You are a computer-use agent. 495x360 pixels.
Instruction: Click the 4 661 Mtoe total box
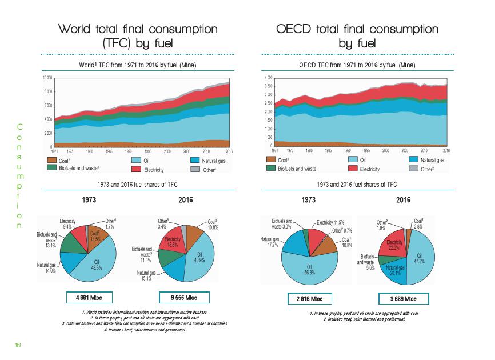(88, 297)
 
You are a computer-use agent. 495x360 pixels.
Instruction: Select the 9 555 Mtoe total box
(185, 297)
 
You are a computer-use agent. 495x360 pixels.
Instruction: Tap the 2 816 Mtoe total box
(309, 298)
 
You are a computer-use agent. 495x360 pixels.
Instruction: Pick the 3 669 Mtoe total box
(404, 298)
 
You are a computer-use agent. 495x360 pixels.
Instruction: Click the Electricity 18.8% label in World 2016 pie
(173, 242)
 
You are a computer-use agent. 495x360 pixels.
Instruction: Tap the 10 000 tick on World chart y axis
(47, 78)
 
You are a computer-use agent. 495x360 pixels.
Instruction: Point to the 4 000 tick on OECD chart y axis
(268, 78)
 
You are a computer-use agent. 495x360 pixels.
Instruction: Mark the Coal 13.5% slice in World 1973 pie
(95, 236)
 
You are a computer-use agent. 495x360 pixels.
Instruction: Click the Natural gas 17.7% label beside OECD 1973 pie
(269, 243)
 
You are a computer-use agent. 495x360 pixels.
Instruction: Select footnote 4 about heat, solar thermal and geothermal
(144, 329)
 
